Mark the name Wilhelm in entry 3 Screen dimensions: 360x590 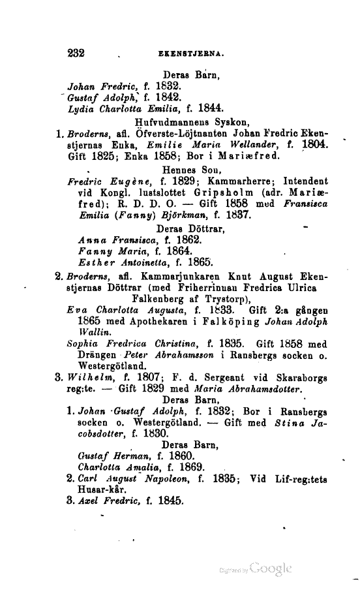point(89,377)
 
